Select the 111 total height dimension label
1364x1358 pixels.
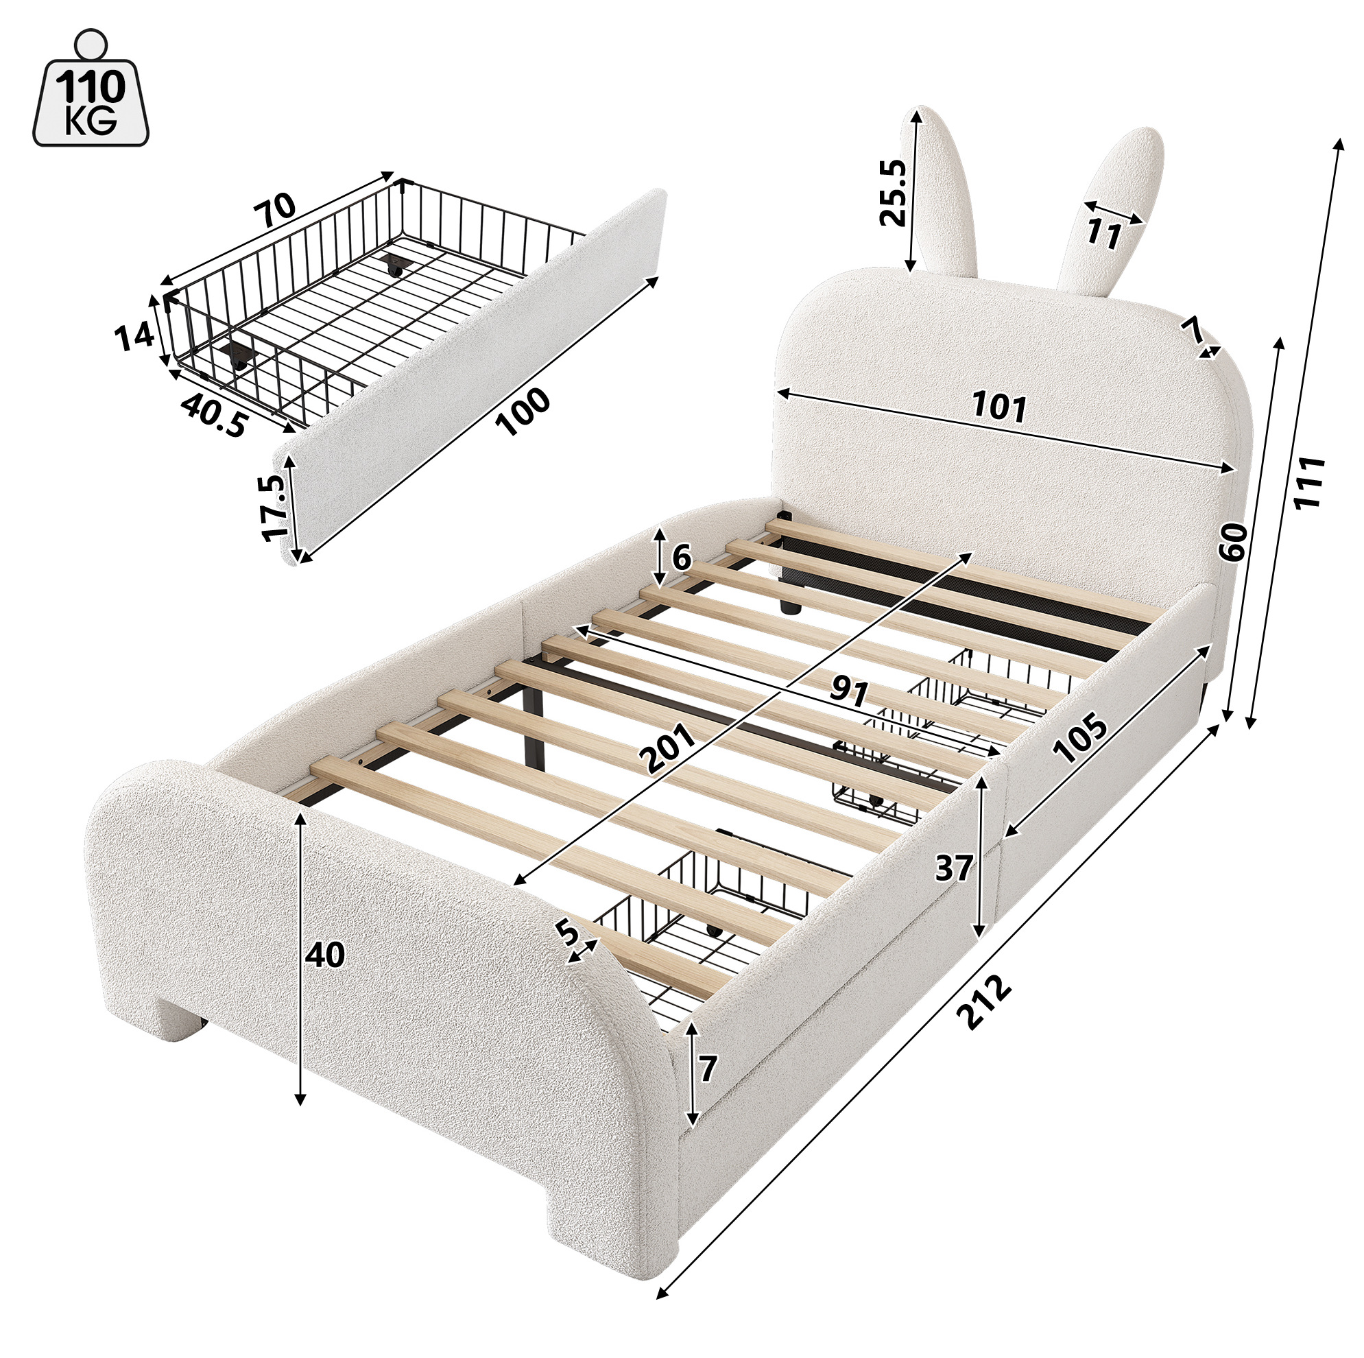tap(1309, 482)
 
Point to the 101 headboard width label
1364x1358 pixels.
tap(999, 407)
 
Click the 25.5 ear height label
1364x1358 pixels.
tap(892, 192)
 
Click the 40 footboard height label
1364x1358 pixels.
tap(325, 955)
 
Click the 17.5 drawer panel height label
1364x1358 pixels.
tap(274, 507)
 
